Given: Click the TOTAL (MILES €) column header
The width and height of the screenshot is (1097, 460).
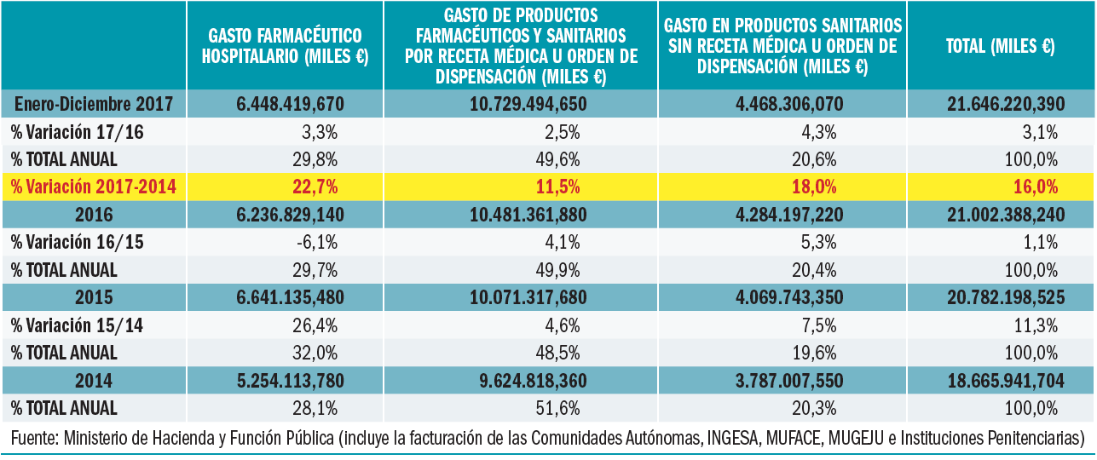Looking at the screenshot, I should [x=1001, y=46].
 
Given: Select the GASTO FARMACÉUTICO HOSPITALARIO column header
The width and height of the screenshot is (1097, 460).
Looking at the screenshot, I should [x=285, y=46].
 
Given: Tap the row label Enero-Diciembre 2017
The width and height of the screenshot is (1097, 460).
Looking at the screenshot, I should [x=94, y=104].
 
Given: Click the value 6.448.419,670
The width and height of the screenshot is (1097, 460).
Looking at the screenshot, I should [x=285, y=104].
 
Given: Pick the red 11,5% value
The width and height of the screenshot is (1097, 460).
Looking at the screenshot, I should [x=563, y=187].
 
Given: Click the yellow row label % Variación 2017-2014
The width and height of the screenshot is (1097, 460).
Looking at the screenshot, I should [x=93, y=187].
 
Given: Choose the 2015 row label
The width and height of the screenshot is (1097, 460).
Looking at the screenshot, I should [x=94, y=297].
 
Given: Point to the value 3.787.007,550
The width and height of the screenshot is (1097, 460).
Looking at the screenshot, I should [x=782, y=380].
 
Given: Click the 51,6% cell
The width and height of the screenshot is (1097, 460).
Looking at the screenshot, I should [x=563, y=407].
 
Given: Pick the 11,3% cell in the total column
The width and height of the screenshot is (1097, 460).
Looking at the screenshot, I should [x=1041, y=325].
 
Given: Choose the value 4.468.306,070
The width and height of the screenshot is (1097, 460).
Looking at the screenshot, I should [x=782, y=104].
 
